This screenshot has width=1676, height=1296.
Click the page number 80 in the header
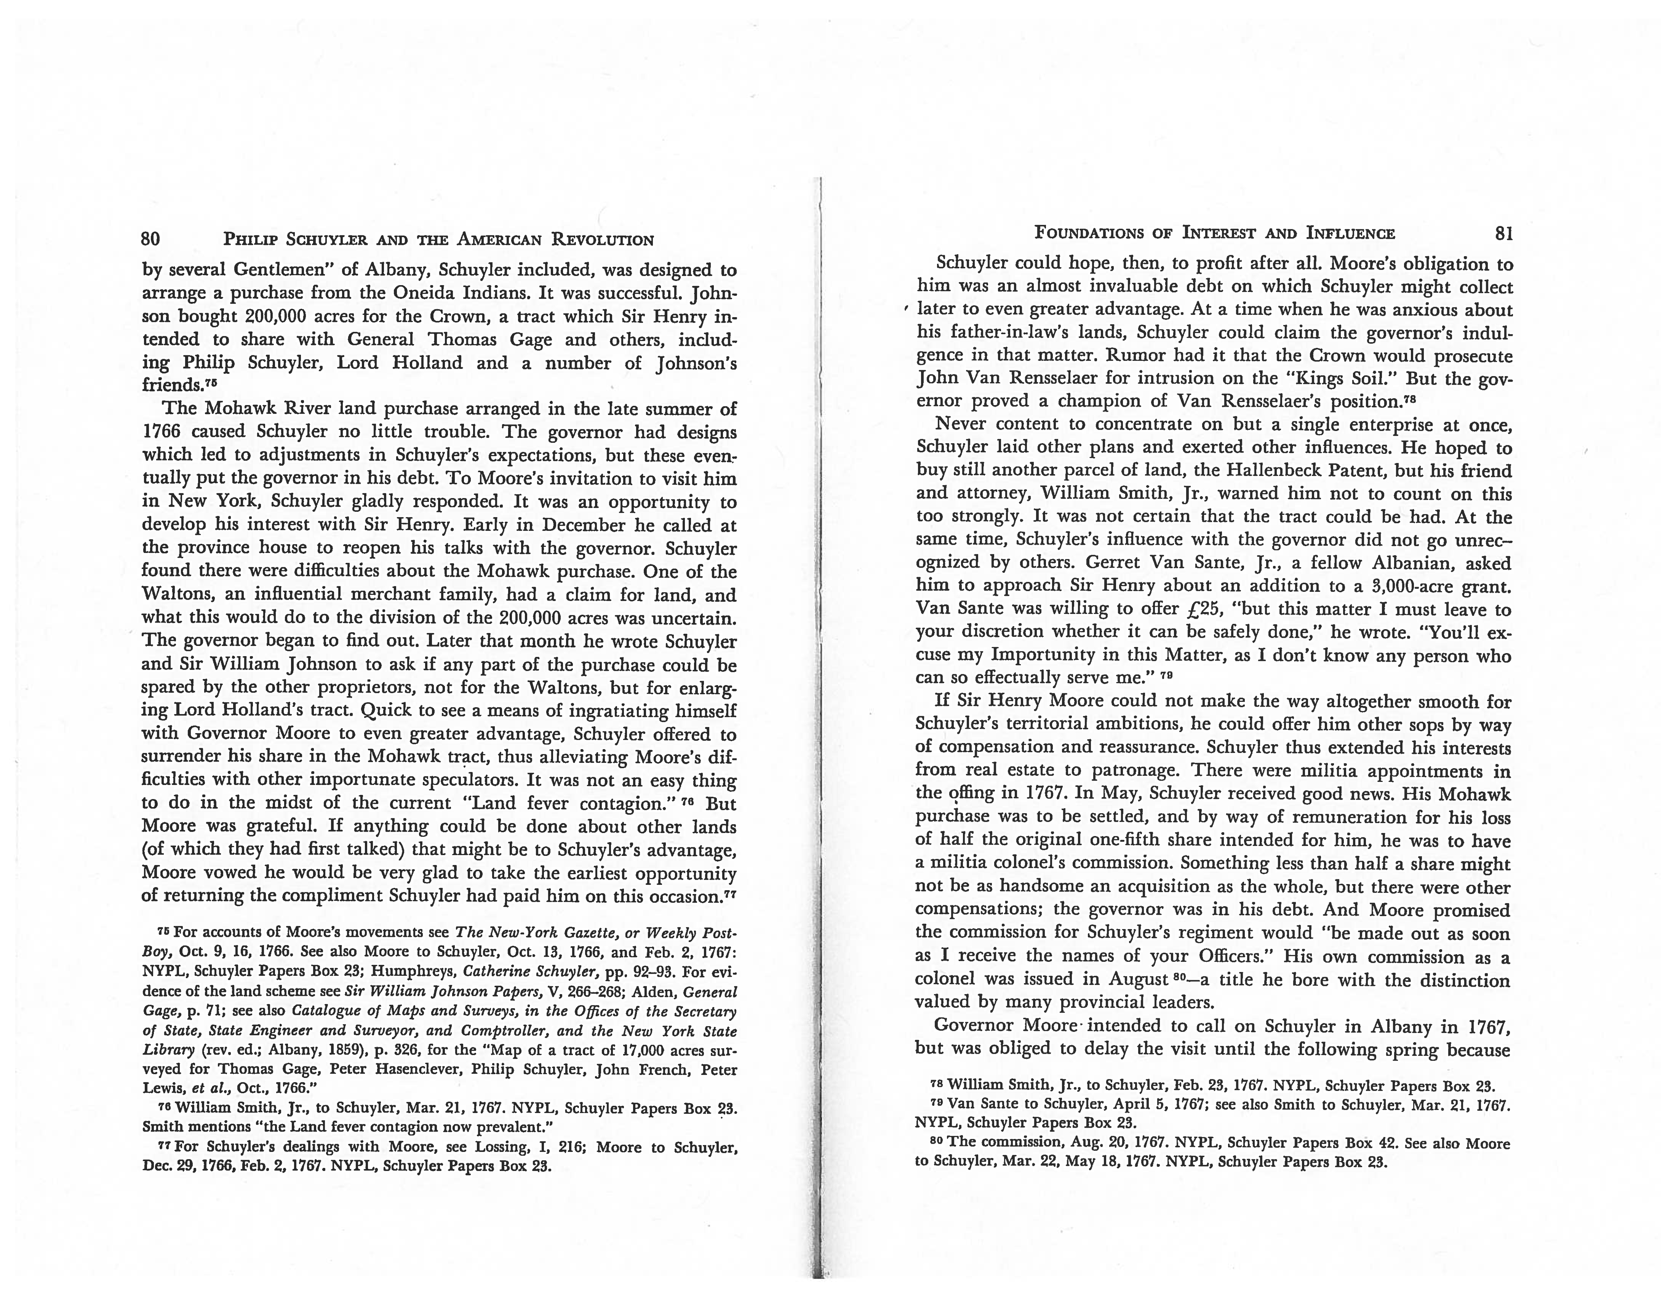[x=151, y=239]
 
